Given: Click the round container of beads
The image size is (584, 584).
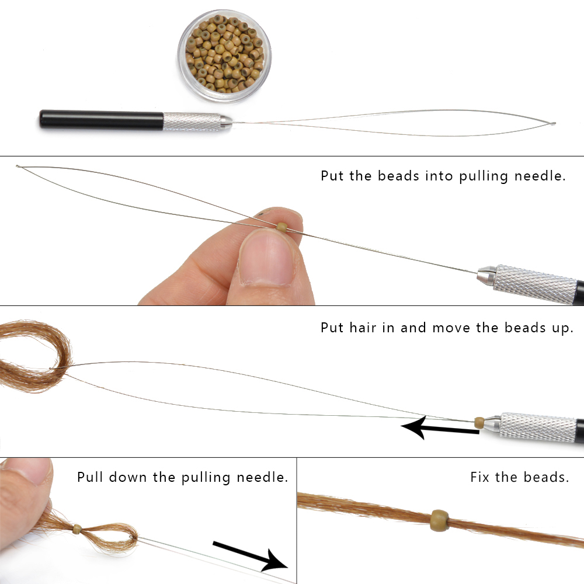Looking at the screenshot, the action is [x=224, y=56].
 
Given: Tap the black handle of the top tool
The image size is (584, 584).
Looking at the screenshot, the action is [x=101, y=120].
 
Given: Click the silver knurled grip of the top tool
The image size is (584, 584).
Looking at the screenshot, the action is [x=192, y=121].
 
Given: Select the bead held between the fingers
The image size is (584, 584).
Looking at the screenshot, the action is [x=282, y=227].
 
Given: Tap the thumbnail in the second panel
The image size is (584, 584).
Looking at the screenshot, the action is [x=265, y=257].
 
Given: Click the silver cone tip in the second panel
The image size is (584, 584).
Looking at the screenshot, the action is [x=486, y=275].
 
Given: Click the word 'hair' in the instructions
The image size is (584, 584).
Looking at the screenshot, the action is [x=363, y=328].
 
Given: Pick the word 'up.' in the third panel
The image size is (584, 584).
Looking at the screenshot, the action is [x=563, y=328].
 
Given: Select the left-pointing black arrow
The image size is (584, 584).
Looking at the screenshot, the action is [x=440, y=428].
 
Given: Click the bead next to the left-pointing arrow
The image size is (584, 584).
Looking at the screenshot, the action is [x=479, y=422].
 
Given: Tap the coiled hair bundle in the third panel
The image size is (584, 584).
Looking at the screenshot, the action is [x=36, y=356].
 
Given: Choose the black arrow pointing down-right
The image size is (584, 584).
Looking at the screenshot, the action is [x=251, y=555].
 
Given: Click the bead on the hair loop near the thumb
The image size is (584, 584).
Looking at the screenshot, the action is [x=77, y=529].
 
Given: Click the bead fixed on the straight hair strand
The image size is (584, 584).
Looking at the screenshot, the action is [x=440, y=521].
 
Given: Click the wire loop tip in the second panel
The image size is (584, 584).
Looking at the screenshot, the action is [x=18, y=166].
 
